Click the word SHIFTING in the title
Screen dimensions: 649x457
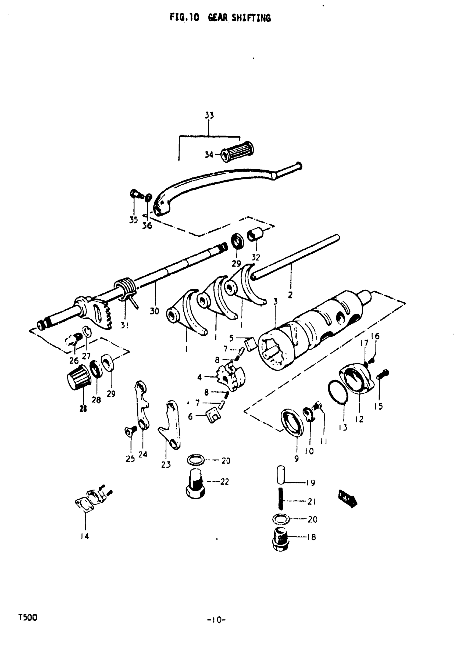tap(251, 18)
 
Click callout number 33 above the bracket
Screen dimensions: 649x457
tap(209, 115)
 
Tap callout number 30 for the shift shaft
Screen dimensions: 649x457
tap(154, 311)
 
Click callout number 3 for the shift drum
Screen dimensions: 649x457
tap(276, 301)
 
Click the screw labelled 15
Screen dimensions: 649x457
tap(383, 375)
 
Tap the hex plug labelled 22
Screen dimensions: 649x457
tap(196, 487)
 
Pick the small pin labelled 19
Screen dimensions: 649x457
tap(281, 475)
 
